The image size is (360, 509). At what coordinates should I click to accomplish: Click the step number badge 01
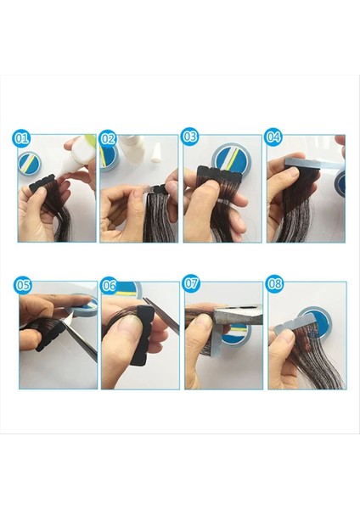point(20,138)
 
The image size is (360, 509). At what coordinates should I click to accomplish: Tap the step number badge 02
point(108,138)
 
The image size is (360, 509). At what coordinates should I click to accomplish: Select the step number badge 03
point(189,137)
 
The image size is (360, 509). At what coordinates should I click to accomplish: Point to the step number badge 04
point(273,137)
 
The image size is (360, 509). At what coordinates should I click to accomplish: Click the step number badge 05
point(22,285)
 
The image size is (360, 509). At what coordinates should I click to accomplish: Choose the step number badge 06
point(108,285)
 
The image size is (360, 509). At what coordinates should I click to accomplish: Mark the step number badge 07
point(191,283)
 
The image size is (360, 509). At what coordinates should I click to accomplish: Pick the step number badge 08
point(274,283)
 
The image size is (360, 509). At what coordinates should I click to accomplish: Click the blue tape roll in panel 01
point(30,164)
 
